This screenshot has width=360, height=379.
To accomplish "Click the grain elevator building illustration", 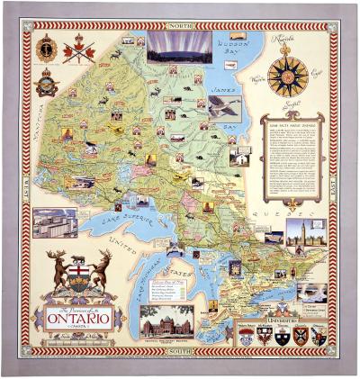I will pyautogui.click(x=54, y=221).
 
